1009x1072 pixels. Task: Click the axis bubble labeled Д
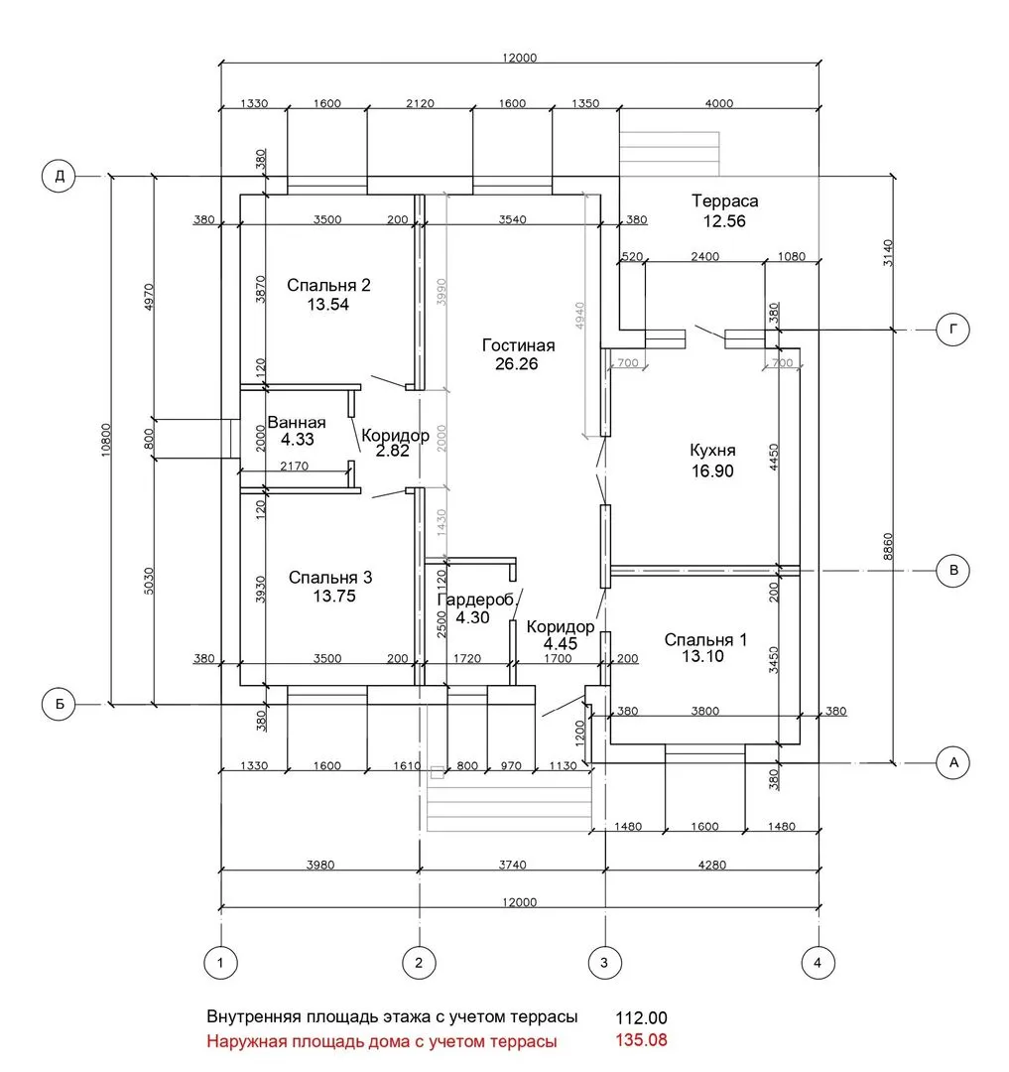59,176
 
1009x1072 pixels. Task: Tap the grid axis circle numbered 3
604,963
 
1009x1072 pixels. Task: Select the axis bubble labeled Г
953,330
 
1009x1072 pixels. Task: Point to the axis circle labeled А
953,762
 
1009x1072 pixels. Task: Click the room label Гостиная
519,345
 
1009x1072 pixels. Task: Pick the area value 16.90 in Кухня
711,471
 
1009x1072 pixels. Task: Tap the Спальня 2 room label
328,285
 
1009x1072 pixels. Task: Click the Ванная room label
297,423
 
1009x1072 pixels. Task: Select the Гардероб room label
475,601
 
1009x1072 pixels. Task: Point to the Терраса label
725,201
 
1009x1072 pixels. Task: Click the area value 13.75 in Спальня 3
334,597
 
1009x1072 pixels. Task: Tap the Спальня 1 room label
705,640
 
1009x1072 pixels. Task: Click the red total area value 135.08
641,1040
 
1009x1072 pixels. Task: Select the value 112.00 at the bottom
641,1018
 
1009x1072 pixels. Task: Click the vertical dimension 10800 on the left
105,441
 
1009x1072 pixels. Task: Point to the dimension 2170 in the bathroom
295,467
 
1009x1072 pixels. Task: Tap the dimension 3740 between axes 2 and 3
512,865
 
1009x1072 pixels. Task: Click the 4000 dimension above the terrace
718,103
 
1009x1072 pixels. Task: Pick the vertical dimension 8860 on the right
887,546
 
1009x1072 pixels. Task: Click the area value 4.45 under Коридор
561,644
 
